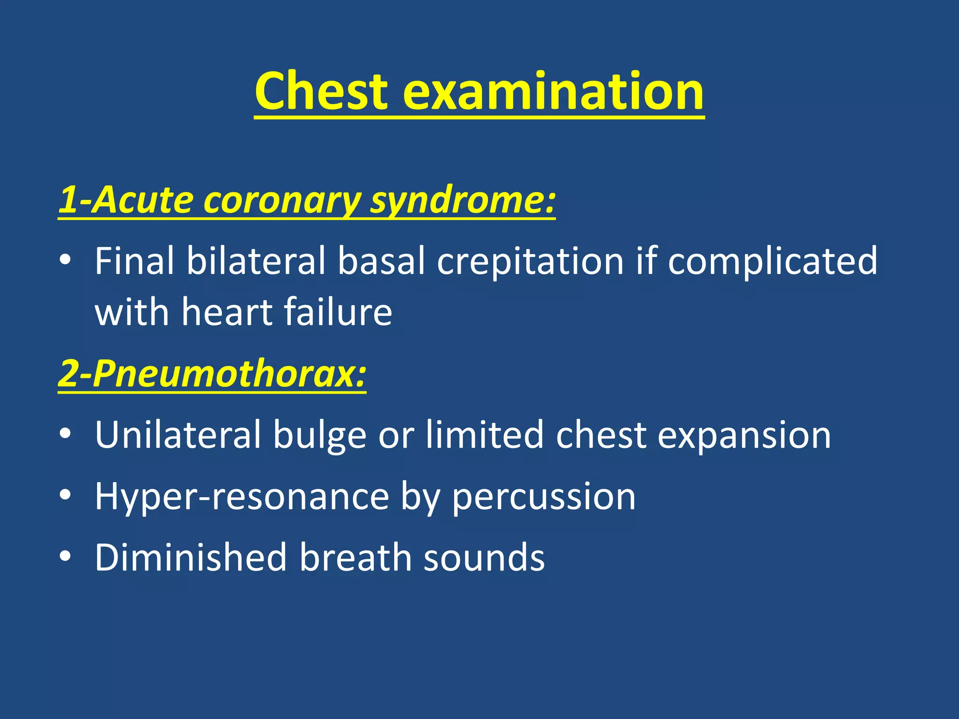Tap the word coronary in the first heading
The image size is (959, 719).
(x=282, y=200)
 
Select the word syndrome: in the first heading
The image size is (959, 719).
(x=463, y=200)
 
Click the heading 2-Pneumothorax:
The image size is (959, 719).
(x=212, y=374)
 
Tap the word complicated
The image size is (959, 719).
(x=772, y=261)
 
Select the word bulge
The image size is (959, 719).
(x=319, y=436)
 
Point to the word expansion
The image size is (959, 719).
(x=744, y=436)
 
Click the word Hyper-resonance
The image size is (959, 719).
(x=242, y=497)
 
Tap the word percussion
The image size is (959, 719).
(x=544, y=497)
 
